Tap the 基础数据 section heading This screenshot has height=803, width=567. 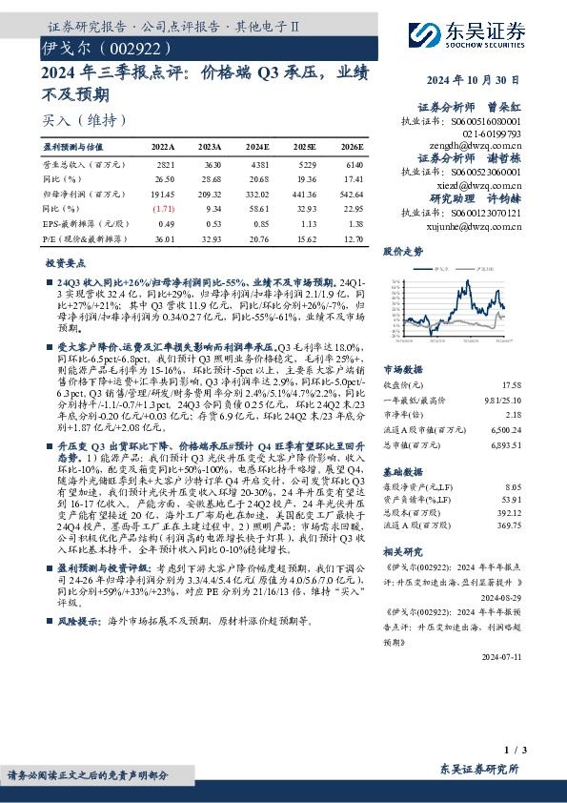[402, 471]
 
